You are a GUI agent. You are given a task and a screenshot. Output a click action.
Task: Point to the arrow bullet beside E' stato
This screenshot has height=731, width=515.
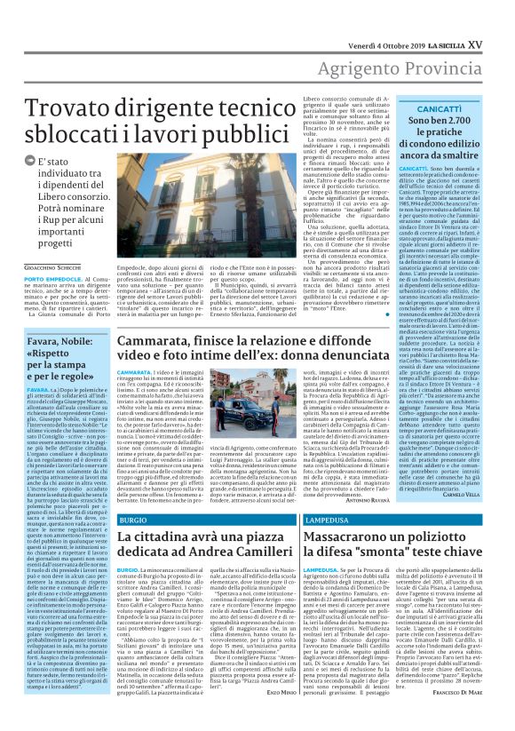click(30, 161)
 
